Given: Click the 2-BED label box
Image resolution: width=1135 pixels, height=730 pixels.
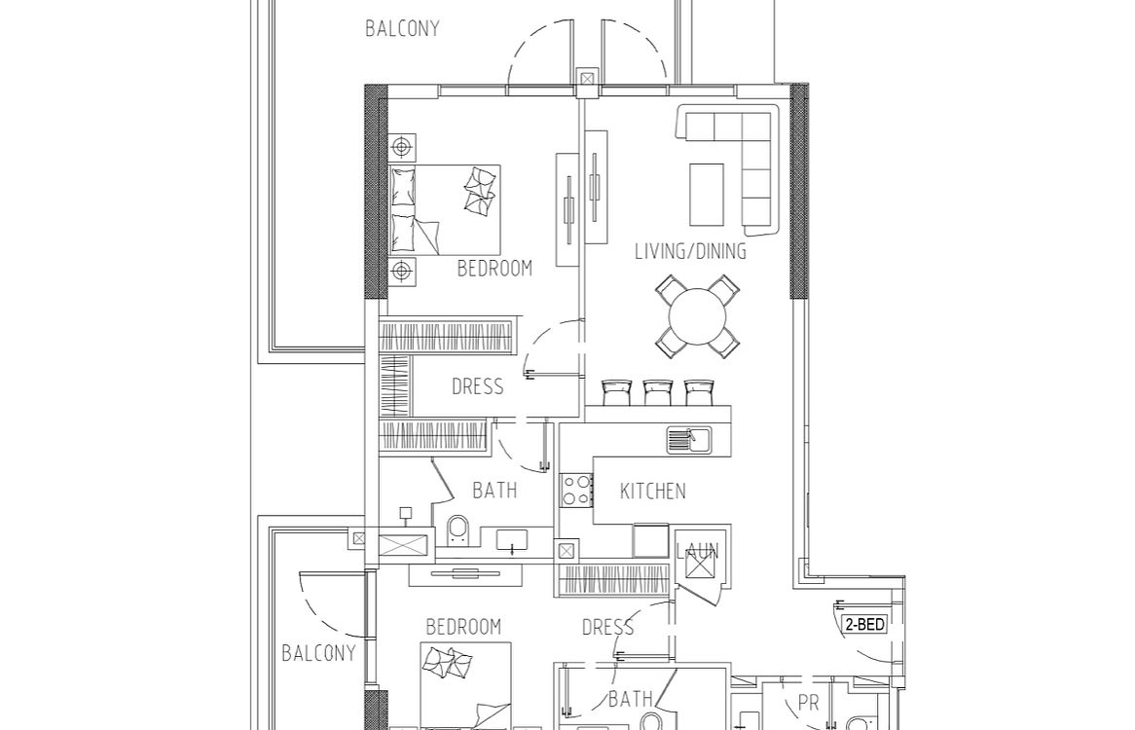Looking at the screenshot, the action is pos(864,624).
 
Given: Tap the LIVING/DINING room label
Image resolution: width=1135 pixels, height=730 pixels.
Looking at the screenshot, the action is pos(690,251).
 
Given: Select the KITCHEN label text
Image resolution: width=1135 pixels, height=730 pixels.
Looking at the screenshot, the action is pos(653,492).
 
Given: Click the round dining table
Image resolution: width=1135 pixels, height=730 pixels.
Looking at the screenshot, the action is pos(698,317).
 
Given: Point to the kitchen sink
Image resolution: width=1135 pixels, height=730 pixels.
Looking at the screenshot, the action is pos(689,440).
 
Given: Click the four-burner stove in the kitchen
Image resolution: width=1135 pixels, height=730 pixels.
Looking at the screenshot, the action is pos(576,489).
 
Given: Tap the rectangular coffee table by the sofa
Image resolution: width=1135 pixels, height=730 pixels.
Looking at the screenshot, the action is pos(707,195).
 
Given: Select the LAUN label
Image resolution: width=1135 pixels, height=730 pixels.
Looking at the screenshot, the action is pos(697,552).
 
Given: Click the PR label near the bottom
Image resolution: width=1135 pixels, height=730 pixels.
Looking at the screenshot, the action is pos(808,703).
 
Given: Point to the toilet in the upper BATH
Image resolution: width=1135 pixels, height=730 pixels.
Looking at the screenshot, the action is pos(458,531).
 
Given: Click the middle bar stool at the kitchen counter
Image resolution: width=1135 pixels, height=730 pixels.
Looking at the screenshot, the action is pos(657,392).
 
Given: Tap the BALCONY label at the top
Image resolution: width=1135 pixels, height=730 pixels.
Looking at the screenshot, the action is pos(402,28).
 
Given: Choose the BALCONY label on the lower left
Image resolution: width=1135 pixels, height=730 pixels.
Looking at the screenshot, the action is pos(318,652).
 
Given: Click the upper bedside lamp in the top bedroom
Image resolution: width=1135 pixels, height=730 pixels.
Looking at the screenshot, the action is pos(402,148).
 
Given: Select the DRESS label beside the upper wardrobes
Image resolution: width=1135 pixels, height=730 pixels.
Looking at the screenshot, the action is pos(478,386).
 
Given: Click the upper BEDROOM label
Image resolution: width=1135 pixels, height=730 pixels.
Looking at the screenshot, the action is pos(494,269).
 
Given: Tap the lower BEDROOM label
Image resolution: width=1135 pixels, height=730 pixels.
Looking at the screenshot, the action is pos(463,627).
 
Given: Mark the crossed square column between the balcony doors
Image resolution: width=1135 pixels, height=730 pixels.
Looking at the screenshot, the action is pos(587,79).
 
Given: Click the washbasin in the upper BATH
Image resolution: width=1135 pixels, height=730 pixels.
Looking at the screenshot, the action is pos(512,540).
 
